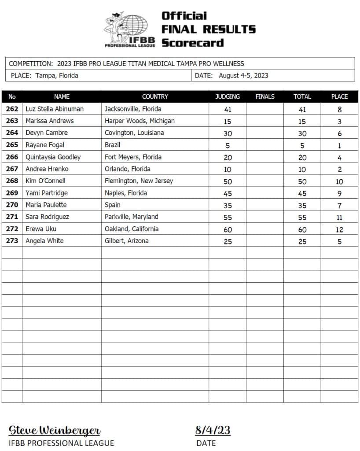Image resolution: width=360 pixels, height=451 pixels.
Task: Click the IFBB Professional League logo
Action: [130, 30]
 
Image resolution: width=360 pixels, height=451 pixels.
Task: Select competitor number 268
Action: [12, 181]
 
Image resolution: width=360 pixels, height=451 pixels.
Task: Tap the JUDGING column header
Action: [228, 96]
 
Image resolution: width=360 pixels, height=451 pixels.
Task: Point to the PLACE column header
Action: [339, 96]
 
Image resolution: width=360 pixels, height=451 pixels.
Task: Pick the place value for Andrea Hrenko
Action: [339, 169]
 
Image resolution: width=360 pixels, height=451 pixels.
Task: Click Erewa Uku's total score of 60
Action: [302, 229]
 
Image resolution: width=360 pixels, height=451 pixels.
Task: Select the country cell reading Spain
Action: [113, 205]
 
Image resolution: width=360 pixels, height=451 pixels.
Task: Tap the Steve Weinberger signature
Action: [55, 430]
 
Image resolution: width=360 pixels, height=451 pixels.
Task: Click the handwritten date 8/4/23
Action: [213, 430]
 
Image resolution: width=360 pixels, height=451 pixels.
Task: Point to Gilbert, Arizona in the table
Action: [127, 241]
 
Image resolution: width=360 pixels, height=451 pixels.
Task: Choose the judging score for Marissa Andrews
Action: [228, 121]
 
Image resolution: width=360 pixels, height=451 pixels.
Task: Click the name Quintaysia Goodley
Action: [53, 157]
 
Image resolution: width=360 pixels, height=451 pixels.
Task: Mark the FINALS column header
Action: [264, 96]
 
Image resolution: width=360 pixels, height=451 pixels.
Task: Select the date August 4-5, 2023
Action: [243, 75]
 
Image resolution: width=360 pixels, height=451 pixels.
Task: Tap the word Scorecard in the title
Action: [193, 43]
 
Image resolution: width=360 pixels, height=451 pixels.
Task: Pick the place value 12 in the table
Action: [339, 229]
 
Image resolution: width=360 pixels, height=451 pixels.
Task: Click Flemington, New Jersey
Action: [139, 181]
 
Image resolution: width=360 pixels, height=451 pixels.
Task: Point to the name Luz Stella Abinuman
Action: [55, 109]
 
